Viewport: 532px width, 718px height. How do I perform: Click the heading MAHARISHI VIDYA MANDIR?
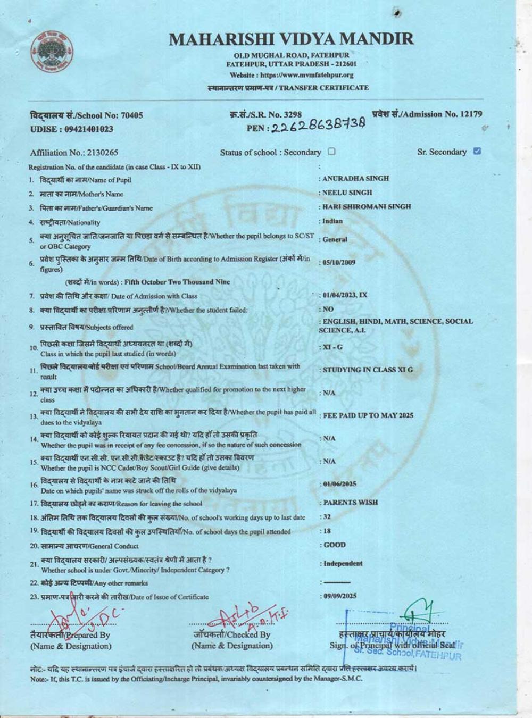pyautogui.click(x=290, y=39)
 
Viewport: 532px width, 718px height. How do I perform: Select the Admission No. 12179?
pyautogui.click(x=427, y=114)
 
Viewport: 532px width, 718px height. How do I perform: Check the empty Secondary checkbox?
pyautogui.click(x=331, y=152)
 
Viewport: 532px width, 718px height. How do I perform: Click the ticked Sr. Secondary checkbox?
pyautogui.click(x=477, y=151)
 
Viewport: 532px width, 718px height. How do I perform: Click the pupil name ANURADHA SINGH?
pyautogui.click(x=355, y=179)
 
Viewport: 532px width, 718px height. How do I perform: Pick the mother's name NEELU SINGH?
pyautogui.click(x=347, y=193)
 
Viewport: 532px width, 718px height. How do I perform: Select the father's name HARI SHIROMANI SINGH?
pyautogui.click(x=367, y=206)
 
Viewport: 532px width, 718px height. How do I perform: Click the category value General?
pyautogui.click(x=335, y=239)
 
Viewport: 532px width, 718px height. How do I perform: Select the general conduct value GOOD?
pyautogui.click(x=335, y=545)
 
